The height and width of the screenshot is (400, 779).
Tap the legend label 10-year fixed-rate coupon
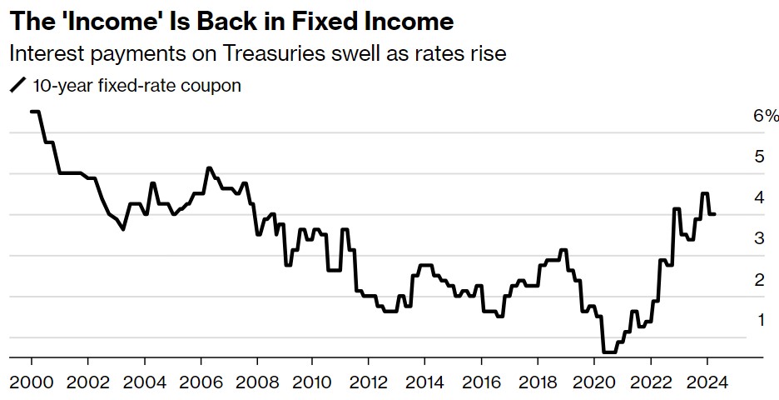pyautogui.click(x=136, y=85)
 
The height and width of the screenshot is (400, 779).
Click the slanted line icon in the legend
pyautogui.click(x=16, y=85)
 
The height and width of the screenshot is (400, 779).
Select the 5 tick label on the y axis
pyautogui.click(x=759, y=157)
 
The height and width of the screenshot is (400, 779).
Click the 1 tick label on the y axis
pyautogui.click(x=759, y=320)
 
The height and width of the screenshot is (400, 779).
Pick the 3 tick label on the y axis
pyautogui.click(x=759, y=238)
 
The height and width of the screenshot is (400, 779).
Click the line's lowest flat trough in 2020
pyautogui.click(x=608, y=352)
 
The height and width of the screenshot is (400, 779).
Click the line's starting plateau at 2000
pyautogui.click(x=36, y=112)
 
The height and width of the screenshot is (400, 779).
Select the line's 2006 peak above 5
pyautogui.click(x=209, y=168)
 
